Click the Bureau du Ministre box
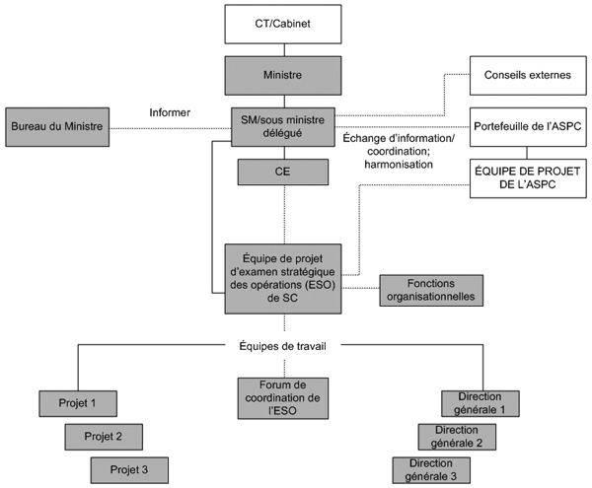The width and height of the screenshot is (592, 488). pyautogui.click(x=56, y=127)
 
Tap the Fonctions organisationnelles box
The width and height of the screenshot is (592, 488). pyautogui.click(x=431, y=289)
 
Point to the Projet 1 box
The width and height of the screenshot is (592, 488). pyautogui.click(x=77, y=403)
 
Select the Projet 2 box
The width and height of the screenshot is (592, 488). pyautogui.click(x=104, y=436)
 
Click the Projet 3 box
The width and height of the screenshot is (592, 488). pyautogui.click(x=129, y=469)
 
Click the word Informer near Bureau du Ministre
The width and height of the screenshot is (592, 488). pyautogui.click(x=170, y=110)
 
